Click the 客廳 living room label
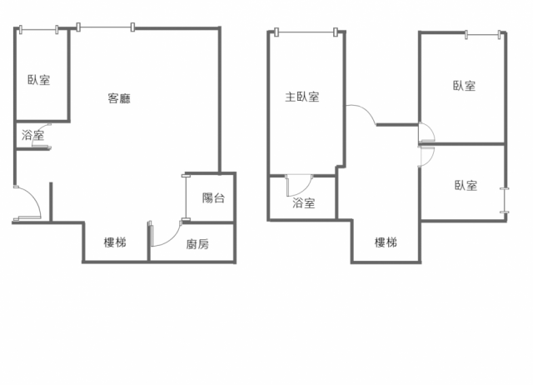pyautogui.click(x=119, y=98)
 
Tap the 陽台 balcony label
pyautogui.click(x=213, y=198)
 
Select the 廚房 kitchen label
pyautogui.click(x=197, y=244)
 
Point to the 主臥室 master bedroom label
pyautogui.click(x=302, y=97)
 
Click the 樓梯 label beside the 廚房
pyautogui.click(x=115, y=242)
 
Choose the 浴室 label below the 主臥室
pyautogui.click(x=303, y=203)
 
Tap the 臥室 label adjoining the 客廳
pyautogui.click(x=39, y=80)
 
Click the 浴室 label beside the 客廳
pyautogui.click(x=33, y=135)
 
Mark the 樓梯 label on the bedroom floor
pyautogui.click(x=386, y=242)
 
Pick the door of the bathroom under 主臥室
pyautogui.click(x=298, y=186)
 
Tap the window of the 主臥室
pyautogui.click(x=306, y=32)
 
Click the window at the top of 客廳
pyautogui.click(x=106, y=27)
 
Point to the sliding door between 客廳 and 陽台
pyautogui.click(x=186, y=198)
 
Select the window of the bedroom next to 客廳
pyautogui.click(x=39, y=30)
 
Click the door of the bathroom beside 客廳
pyautogui.click(x=41, y=136)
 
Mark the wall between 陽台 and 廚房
pyautogui.click(x=208, y=222)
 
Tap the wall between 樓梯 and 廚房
pyautogui.click(x=148, y=242)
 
